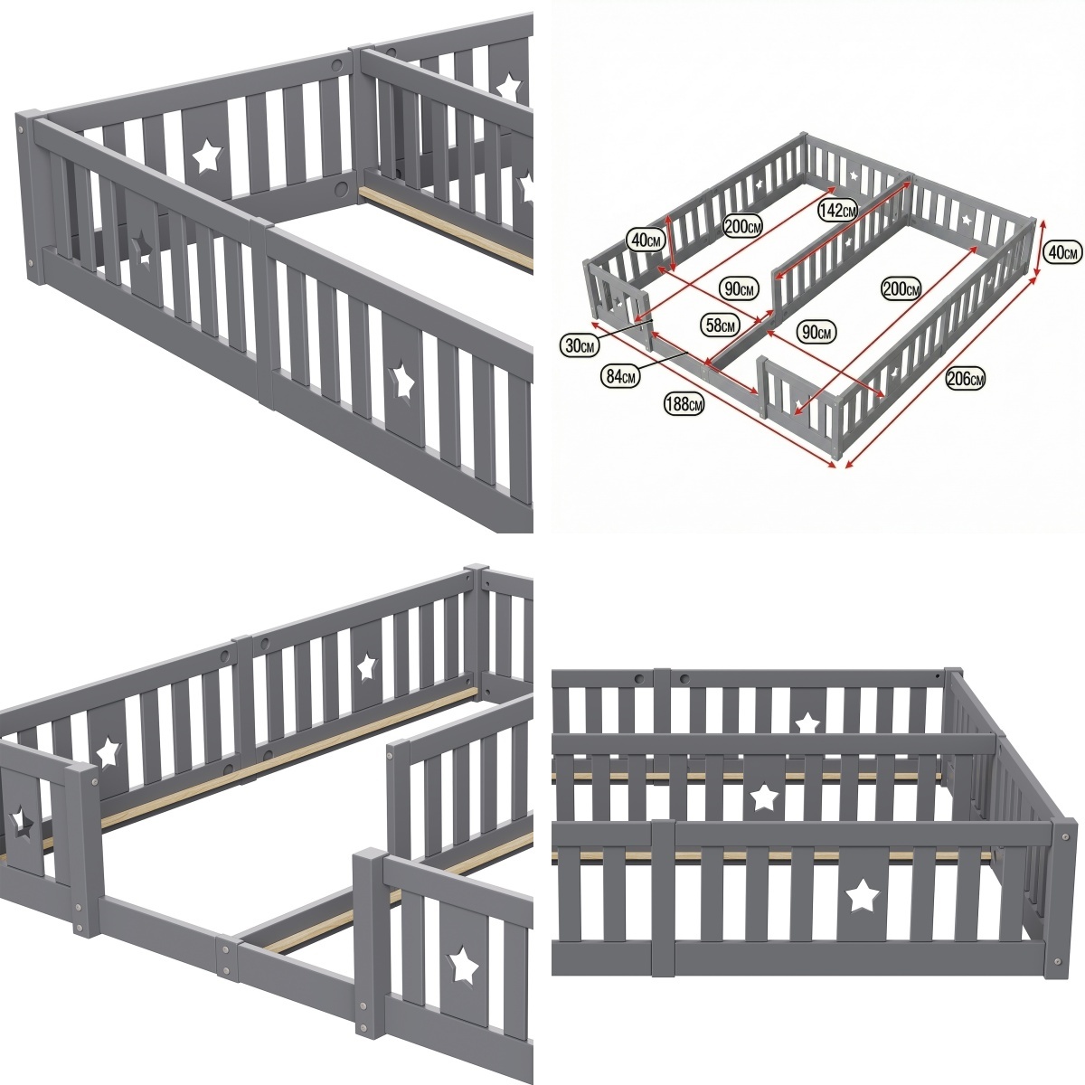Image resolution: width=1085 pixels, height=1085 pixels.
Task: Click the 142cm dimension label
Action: click(x=838, y=211)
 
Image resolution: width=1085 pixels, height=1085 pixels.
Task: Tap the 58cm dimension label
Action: click(x=720, y=325)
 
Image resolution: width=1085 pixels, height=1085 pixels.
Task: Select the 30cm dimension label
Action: click(x=580, y=345)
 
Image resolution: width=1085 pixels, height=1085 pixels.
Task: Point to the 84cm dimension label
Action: click(x=621, y=375)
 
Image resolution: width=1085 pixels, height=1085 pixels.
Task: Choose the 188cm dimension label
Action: click(x=684, y=403)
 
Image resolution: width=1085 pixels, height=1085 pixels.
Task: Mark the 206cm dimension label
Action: click(x=965, y=379)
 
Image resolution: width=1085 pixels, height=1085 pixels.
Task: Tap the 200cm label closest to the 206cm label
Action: click(x=901, y=289)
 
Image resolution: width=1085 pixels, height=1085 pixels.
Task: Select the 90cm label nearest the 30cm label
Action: click(x=739, y=288)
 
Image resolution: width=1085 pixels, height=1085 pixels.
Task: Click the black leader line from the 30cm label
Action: click(x=626, y=329)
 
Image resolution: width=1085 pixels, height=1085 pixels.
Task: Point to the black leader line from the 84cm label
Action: click(x=665, y=361)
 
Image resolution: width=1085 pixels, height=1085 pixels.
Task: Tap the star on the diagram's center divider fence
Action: click(x=848, y=242)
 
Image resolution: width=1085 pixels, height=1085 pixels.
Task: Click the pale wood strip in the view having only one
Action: click(x=446, y=228)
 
